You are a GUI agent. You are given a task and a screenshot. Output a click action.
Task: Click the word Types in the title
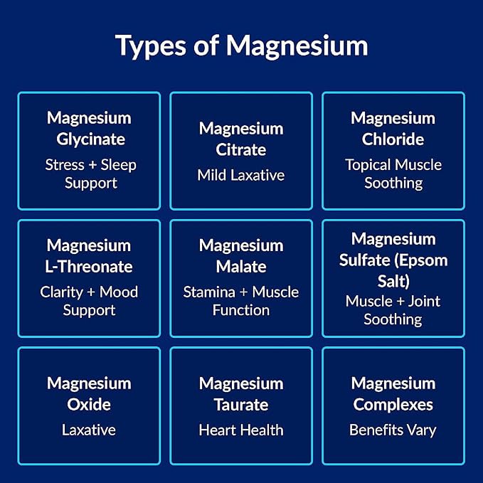[151, 46]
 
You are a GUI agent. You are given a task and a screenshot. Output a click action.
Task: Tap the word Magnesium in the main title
[297, 46]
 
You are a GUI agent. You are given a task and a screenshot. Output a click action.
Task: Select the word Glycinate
[90, 139]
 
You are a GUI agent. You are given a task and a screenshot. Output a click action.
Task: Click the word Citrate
[241, 149]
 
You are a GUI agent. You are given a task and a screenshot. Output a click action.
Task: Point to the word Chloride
[393, 139]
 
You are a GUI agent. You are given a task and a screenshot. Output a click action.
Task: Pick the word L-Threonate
[89, 267]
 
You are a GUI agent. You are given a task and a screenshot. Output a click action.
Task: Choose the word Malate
[241, 267]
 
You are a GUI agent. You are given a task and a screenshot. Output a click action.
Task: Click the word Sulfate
[364, 260]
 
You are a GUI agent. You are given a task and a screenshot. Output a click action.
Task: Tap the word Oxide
[89, 405]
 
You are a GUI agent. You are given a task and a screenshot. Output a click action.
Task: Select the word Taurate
[241, 405]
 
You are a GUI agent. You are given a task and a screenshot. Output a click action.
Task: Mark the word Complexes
[393, 405]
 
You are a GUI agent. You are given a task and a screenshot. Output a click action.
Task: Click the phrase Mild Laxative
[241, 175]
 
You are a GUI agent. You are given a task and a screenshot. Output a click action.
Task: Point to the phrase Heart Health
[241, 430]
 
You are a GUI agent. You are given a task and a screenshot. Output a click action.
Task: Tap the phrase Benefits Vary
[393, 430]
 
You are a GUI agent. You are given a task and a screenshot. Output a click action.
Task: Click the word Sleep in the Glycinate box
[119, 165]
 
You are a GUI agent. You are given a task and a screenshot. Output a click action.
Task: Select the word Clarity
[62, 292]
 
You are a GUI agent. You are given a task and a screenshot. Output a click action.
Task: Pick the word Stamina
[209, 292]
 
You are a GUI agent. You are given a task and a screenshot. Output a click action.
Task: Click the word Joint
[424, 302]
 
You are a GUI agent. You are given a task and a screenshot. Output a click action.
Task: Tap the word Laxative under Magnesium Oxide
[89, 430]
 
